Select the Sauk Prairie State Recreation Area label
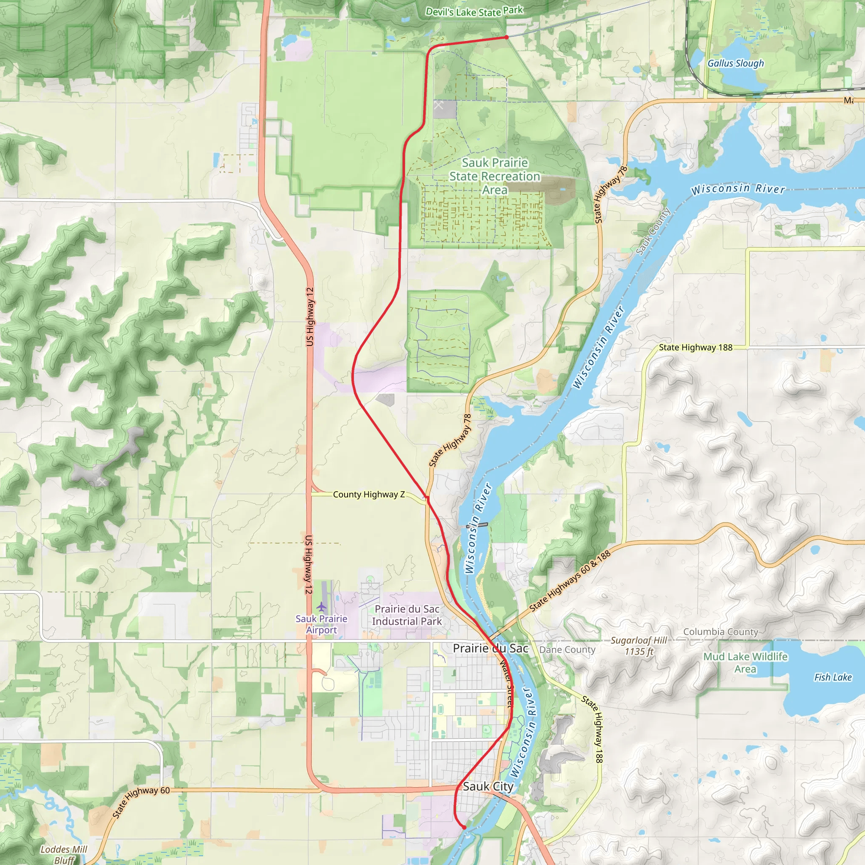pos(495,176)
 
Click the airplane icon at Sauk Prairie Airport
pos(321,607)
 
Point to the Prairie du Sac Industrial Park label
pos(407,615)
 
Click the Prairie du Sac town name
pos(490,648)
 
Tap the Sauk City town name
pos(488,786)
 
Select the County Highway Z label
pos(368,494)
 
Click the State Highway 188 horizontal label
pos(695,348)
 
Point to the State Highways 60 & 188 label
pos(569,581)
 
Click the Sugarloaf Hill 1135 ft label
pos(639,646)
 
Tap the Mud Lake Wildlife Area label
pos(745,663)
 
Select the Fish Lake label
pos(833,677)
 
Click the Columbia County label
pos(721,632)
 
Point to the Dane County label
pos(567,650)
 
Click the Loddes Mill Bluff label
pos(64,854)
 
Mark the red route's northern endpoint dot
pos(506,37)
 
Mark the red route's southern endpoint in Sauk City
pos(464,827)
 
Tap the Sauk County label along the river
pos(653,231)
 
